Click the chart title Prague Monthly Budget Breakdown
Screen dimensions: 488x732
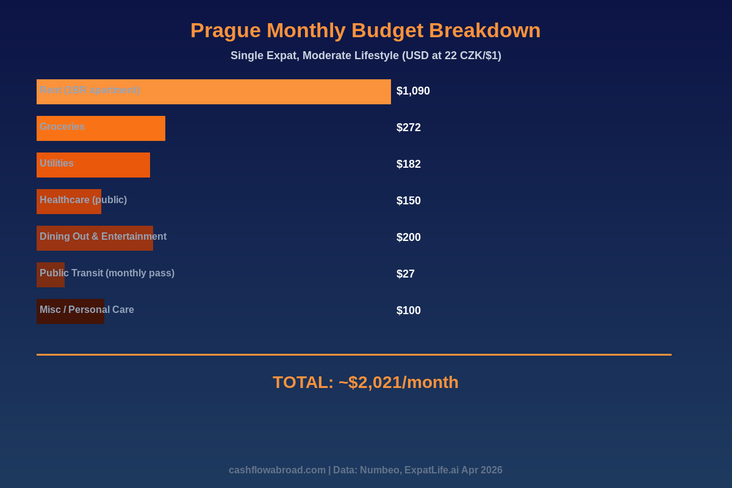click(365, 30)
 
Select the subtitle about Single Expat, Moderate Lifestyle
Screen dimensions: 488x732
click(365, 56)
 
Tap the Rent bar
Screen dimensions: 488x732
click(213, 91)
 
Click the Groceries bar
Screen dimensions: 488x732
click(101, 128)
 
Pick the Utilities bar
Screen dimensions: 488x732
click(93, 165)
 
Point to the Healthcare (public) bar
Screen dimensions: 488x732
click(69, 201)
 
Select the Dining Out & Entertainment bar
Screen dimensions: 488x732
click(95, 238)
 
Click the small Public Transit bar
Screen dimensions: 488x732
click(51, 274)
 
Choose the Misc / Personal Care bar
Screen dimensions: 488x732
click(70, 311)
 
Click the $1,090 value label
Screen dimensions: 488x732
click(413, 91)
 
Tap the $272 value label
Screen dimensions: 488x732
click(409, 127)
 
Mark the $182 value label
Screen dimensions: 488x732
click(409, 164)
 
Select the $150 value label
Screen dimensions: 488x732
click(409, 201)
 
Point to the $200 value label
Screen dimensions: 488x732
click(409, 237)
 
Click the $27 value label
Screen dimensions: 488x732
click(406, 274)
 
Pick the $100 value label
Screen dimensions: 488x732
click(409, 310)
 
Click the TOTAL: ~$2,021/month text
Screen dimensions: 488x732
click(365, 382)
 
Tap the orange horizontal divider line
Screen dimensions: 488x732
click(354, 354)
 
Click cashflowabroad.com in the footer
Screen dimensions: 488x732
click(277, 470)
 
